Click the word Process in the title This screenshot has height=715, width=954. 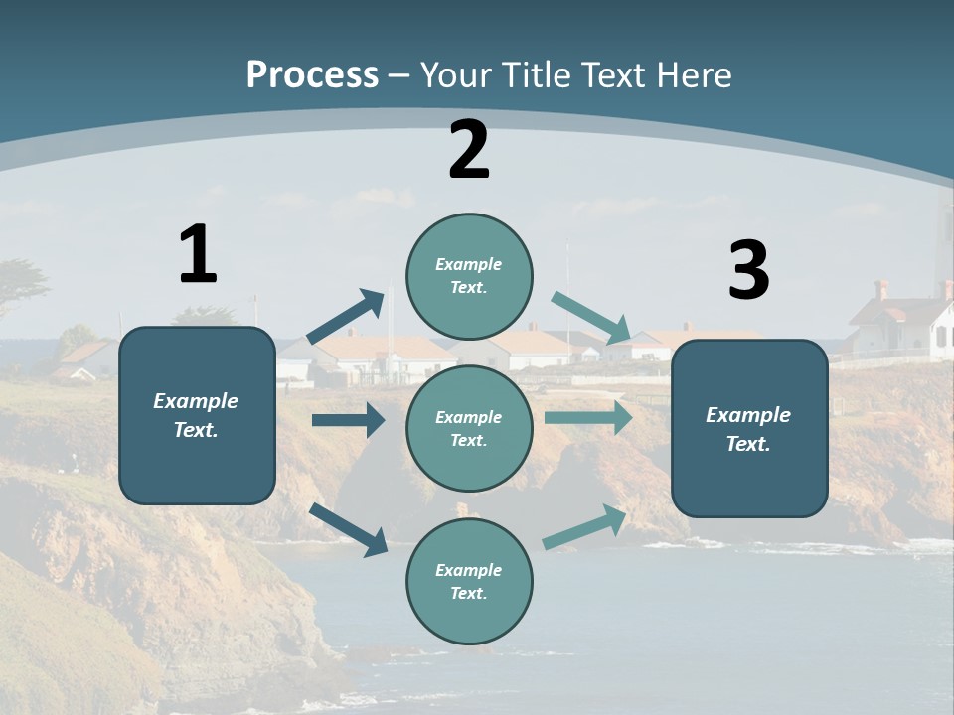312,75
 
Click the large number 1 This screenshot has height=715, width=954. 198,254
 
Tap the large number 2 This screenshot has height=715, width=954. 469,150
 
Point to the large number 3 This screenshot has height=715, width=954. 748,271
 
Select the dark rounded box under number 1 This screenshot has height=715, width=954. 197,415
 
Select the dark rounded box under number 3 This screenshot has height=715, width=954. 749,428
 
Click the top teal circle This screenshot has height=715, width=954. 469,275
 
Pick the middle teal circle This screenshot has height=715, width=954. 469,428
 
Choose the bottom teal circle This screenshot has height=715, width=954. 469,581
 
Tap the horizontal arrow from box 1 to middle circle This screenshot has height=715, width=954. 348,420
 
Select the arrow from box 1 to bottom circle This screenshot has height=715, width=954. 349,529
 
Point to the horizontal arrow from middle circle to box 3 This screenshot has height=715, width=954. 588,417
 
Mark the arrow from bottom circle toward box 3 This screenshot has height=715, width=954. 585,526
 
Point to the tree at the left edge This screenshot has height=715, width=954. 20,283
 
